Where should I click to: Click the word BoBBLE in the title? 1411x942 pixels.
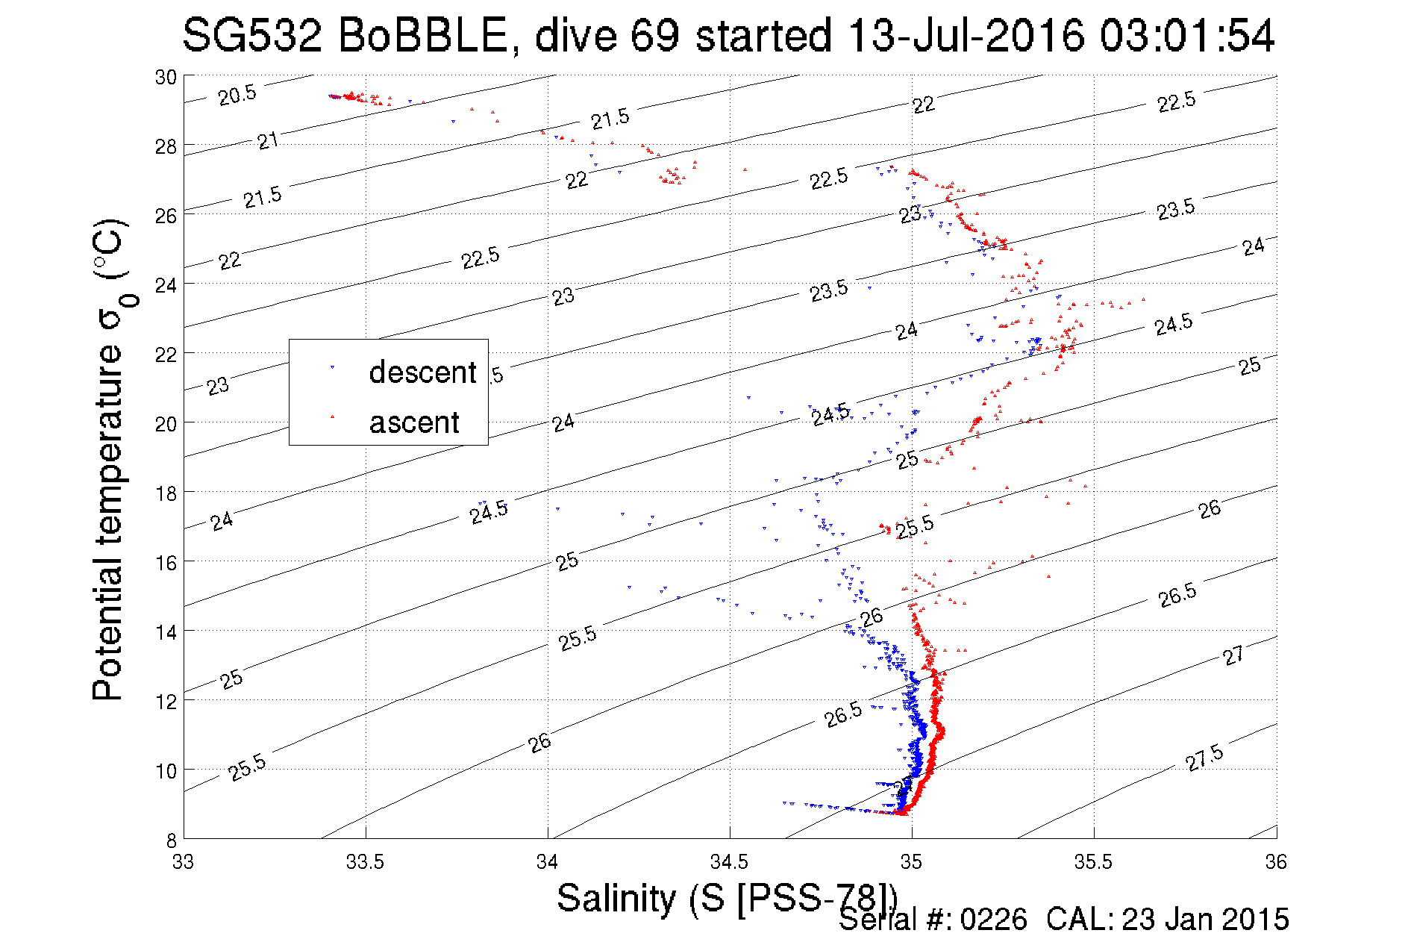coord(422,35)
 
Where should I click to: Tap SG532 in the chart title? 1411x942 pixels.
coord(251,35)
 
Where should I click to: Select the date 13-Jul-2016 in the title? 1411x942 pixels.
coord(966,35)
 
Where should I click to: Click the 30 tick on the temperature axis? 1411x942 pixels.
coord(166,77)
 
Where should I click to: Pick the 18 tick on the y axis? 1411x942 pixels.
coord(166,493)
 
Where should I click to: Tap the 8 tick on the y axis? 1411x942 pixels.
coord(171,840)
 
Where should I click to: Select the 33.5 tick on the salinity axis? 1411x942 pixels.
coord(365,862)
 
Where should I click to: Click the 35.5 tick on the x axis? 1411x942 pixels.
coord(1093,862)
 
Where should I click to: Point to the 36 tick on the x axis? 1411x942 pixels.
coord(1276,862)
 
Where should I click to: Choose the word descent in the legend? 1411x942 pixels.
coord(422,372)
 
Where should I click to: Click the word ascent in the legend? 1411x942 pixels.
coord(414,422)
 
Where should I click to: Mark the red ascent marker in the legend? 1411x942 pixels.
coord(333,417)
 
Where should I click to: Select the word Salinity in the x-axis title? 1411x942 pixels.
coord(616,898)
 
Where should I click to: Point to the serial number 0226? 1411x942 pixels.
coord(993,920)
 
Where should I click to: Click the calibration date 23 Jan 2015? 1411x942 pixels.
coord(1204,920)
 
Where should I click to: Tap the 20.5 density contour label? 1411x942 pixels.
coord(237,95)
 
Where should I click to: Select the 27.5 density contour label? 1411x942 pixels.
coord(1204,758)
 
